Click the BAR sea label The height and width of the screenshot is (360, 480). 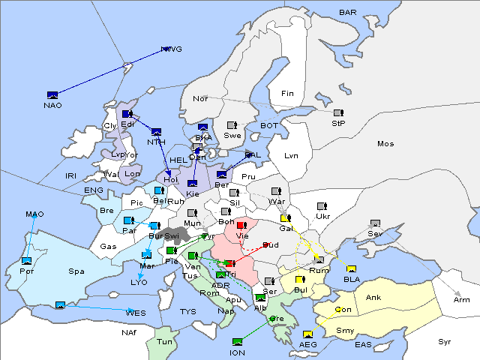tap(347, 13)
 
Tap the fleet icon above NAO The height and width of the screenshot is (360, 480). tap(52, 95)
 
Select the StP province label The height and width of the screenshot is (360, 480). tap(338, 122)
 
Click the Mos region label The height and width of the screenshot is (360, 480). tap(385, 143)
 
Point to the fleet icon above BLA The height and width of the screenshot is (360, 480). tap(351, 269)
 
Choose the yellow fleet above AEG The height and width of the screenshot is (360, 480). tap(307, 334)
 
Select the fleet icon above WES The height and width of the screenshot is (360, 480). tap(60, 304)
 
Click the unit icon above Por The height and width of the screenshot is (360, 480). tap(27, 261)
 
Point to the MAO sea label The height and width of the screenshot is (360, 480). tap(34, 214)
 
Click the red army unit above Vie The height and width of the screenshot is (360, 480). tap(241, 224)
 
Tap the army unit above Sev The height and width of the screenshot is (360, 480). tap(375, 223)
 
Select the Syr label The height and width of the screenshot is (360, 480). tap(445, 341)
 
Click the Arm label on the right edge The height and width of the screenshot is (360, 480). tap(462, 300)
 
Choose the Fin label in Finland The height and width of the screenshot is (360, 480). tap(286, 94)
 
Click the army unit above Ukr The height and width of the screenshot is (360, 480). tap(322, 206)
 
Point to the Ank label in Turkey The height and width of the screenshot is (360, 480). tap(373, 298)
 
